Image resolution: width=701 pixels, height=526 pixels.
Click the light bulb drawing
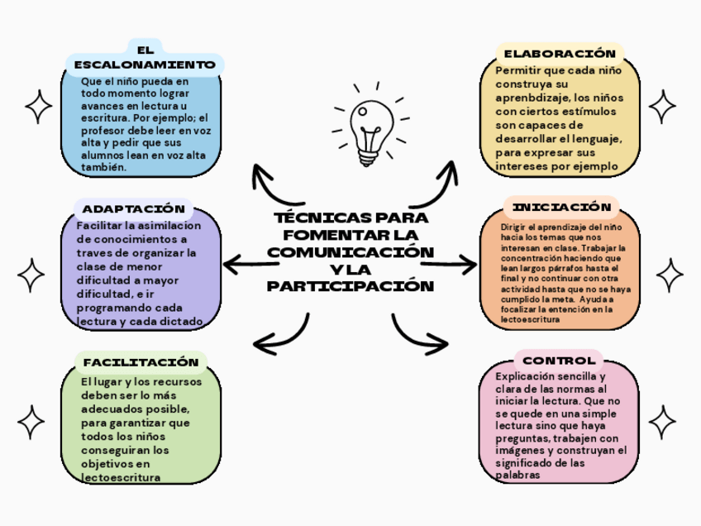[366, 130]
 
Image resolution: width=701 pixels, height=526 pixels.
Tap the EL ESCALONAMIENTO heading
[145, 58]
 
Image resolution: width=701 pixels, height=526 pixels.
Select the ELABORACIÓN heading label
[560, 54]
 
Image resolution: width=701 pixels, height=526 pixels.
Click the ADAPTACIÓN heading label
[133, 208]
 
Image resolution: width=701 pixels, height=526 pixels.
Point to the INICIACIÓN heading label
[561, 207]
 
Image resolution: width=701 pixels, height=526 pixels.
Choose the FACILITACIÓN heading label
[141, 362]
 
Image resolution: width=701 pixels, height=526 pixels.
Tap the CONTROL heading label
[559, 361]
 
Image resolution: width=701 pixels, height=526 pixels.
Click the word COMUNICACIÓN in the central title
[350, 251]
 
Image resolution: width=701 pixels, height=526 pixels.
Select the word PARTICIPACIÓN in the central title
[350, 286]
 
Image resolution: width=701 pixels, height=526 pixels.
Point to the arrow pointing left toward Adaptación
[248, 265]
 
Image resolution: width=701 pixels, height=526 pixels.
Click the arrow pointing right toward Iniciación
[451, 265]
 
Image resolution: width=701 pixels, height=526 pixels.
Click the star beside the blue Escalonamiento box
[38, 107]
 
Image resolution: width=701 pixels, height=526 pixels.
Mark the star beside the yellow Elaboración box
[661, 107]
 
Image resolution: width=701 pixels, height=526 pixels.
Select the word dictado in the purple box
[184, 321]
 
